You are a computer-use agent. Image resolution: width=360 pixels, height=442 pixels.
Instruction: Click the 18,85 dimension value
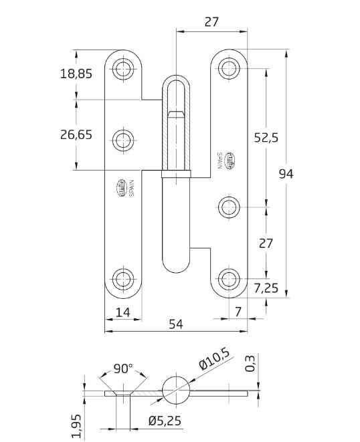pos(76,74)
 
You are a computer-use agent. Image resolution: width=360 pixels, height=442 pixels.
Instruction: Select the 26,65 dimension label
pos(76,134)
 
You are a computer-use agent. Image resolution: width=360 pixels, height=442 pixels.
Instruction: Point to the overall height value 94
pos(286,174)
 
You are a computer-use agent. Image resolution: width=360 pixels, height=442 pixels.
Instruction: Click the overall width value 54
pos(175,324)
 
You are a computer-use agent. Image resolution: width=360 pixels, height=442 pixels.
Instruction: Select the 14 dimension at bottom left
pos(122,311)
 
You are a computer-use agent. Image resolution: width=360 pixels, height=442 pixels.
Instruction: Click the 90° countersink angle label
pos(123,369)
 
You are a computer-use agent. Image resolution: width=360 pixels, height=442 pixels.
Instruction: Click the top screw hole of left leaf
pos(123,68)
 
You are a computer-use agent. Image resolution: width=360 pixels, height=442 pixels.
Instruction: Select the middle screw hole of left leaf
pos(123,140)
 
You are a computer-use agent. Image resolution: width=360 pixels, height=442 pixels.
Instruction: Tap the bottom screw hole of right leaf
pos(230,279)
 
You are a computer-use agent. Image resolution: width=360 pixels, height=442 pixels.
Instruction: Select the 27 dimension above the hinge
pos(211,21)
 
